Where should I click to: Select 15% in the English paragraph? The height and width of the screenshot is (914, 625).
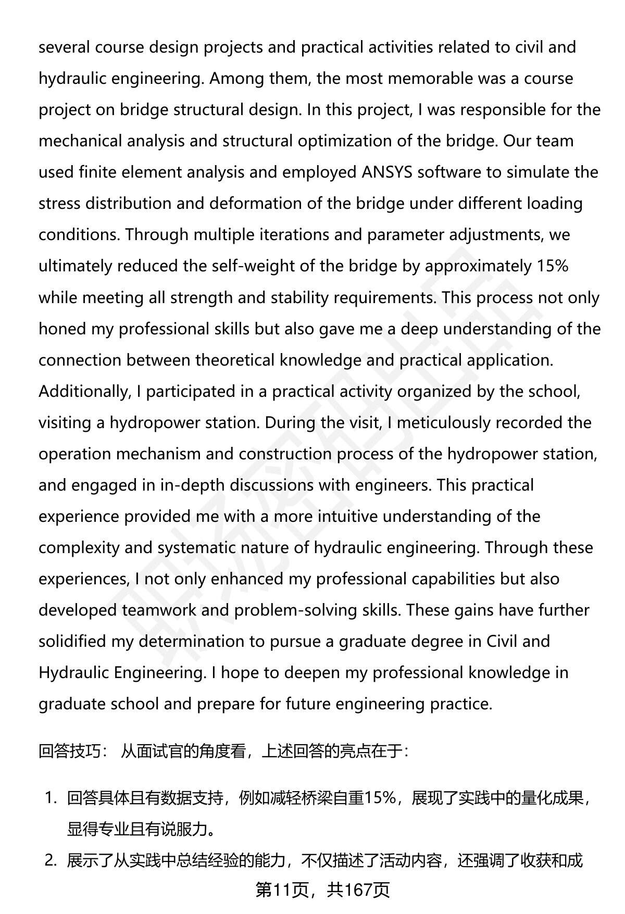[x=552, y=266]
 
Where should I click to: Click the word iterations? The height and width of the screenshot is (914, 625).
[x=293, y=235]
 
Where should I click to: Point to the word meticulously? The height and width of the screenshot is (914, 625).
[x=443, y=423]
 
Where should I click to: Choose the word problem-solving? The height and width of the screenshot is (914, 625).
[x=296, y=610]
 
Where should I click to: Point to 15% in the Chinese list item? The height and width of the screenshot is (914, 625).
[x=380, y=798]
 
